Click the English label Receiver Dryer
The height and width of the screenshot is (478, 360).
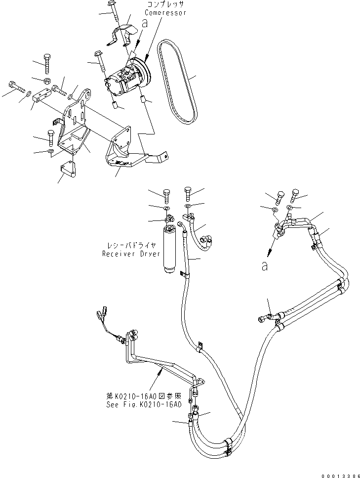131,254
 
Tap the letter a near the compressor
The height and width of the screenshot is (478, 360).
144,23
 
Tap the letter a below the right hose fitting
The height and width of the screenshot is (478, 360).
266,266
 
